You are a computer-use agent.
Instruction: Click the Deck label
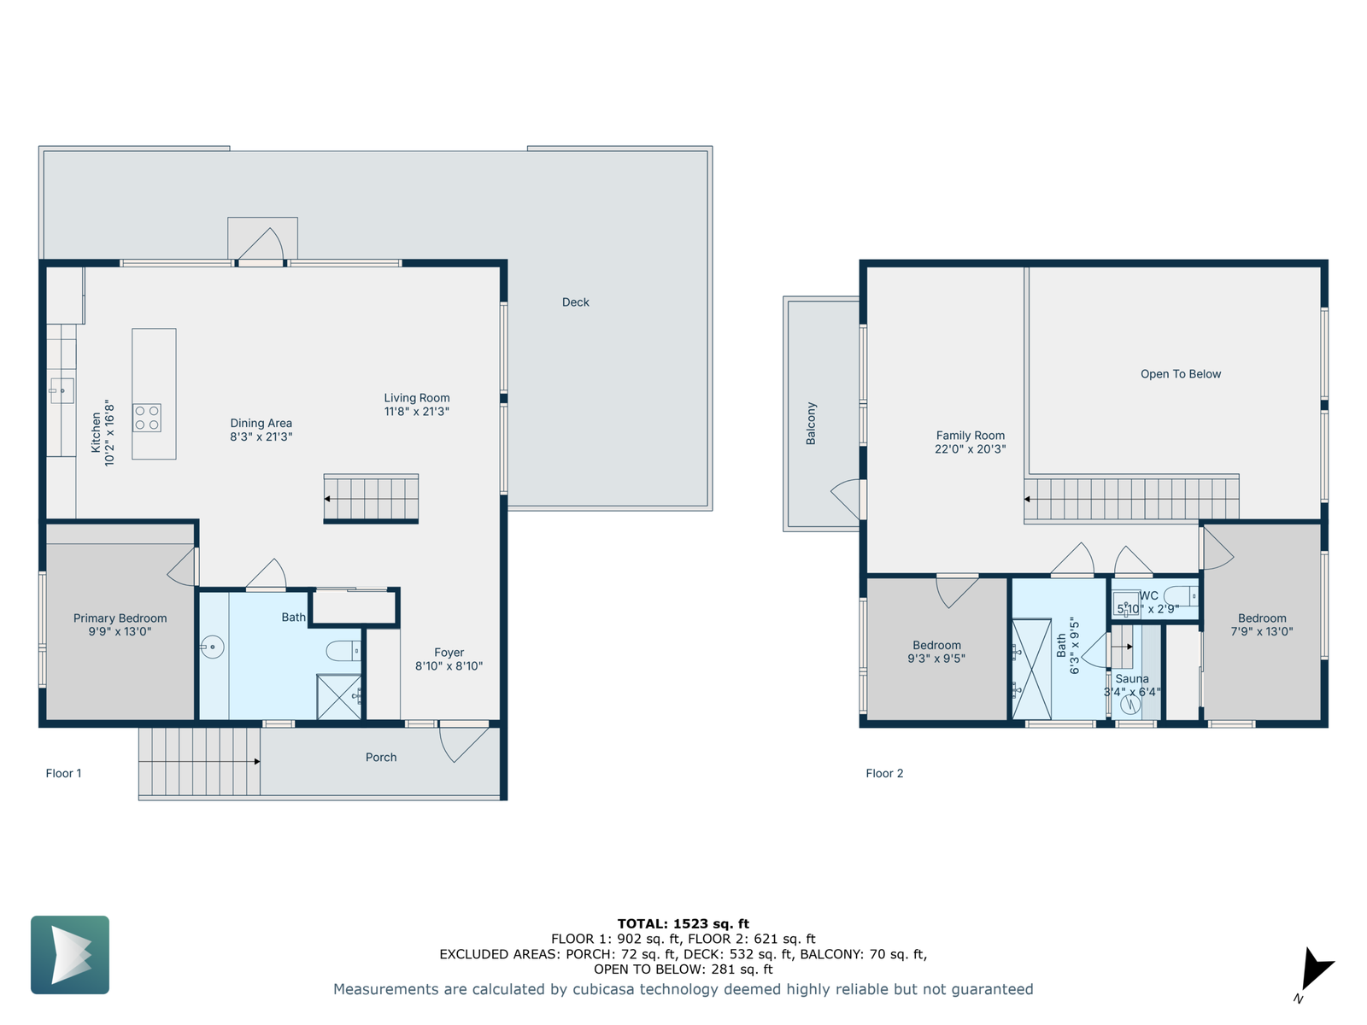(x=575, y=302)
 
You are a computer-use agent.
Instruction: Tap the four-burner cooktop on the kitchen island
(x=147, y=418)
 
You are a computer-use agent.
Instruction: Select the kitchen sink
(x=62, y=391)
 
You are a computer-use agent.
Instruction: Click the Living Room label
(x=416, y=398)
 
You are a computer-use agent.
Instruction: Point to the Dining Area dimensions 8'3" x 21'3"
(x=261, y=436)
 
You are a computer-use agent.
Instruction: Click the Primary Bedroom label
(x=120, y=618)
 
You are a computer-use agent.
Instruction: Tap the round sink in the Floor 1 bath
(x=212, y=647)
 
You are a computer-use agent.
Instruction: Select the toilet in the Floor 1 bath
(x=343, y=651)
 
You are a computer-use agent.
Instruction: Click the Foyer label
(x=449, y=653)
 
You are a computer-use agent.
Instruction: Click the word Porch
(x=381, y=758)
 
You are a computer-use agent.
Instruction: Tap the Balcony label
(x=811, y=424)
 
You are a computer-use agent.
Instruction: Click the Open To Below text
(x=1180, y=374)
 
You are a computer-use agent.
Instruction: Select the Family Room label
(x=971, y=436)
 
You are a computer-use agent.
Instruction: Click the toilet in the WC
(x=1181, y=596)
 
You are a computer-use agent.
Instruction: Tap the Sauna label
(x=1131, y=679)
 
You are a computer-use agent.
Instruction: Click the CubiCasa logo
(x=70, y=955)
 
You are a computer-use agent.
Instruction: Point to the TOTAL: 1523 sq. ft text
(x=683, y=924)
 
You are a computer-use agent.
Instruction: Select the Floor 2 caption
(x=884, y=774)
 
